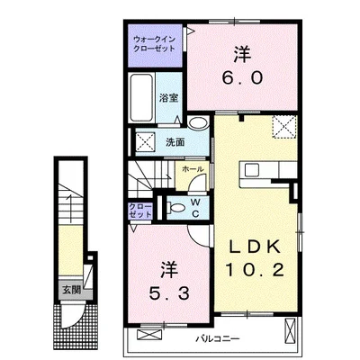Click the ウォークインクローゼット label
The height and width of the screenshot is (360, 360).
(x=155, y=45)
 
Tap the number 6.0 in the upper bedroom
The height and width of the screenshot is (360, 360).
(x=243, y=78)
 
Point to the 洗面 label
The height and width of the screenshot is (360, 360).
(x=175, y=142)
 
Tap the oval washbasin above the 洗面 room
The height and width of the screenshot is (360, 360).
(x=197, y=124)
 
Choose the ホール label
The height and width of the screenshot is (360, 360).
(x=192, y=168)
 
